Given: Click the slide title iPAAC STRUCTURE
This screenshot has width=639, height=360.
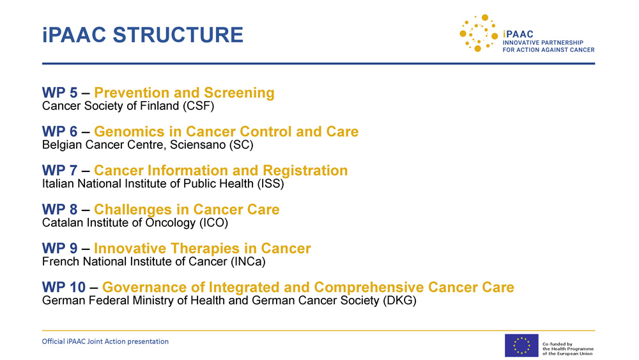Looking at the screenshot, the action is pos(142,35).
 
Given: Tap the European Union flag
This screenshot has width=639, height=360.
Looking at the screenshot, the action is pos(521,345).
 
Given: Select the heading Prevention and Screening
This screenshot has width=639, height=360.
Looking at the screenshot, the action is pos(184,93).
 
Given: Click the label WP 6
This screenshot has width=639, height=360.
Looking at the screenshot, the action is pos(59,132).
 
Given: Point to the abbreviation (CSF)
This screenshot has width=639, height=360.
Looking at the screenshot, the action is pos(198,106).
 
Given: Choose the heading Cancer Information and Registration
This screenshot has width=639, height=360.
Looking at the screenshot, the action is pos(221,171).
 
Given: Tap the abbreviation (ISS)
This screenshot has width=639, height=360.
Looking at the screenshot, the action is pos(270,184).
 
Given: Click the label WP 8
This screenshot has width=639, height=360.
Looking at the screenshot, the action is pos(59,210).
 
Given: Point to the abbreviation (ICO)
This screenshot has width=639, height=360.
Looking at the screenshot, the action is pos(213,223).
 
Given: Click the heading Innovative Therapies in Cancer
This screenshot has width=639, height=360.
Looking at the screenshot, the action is pos(203,248).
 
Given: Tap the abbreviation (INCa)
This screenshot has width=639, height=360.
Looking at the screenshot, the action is pos(248,262).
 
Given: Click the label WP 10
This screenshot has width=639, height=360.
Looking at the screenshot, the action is pos(63,288).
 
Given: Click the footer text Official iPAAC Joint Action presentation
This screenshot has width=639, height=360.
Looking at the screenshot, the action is pos(105,341).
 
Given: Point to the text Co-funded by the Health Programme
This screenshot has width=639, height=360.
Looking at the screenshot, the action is pos(567,347).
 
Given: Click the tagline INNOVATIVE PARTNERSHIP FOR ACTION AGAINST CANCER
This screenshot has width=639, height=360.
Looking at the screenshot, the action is pos(548,46).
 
